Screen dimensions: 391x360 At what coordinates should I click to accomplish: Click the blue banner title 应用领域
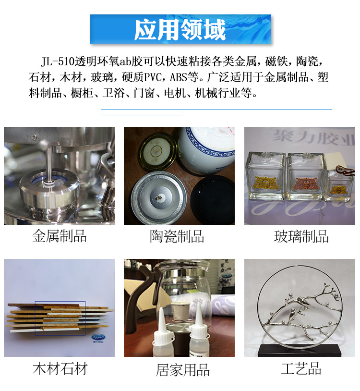(180, 30)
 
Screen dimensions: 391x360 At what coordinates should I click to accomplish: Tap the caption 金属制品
(60, 236)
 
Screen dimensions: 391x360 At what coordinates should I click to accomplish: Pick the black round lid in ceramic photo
(213, 200)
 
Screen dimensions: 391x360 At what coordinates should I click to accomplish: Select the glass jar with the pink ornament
(306, 178)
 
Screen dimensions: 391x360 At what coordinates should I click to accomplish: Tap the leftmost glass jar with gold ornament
(265, 178)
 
